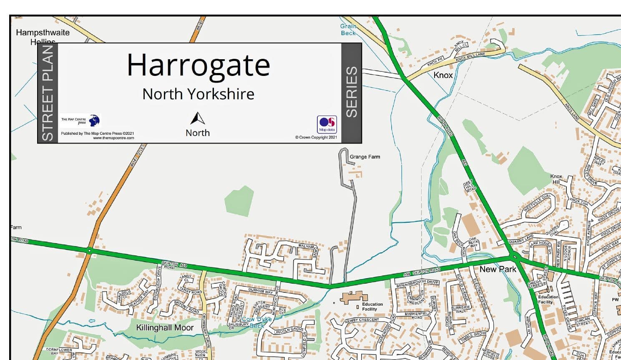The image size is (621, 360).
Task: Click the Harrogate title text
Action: [x=198, y=65]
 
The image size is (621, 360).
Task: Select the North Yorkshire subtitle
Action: [x=198, y=94]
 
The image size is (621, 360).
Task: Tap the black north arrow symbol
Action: [x=197, y=118]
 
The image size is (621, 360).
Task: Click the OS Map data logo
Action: [x=327, y=124]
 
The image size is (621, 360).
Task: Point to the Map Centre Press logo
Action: [x=81, y=121]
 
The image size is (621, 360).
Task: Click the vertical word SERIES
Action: [x=352, y=92]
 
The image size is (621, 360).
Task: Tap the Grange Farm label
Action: [x=365, y=157]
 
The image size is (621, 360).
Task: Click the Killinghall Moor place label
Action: [x=165, y=328]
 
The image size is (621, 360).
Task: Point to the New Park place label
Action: [x=498, y=269]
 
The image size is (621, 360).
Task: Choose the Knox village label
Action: [x=443, y=75]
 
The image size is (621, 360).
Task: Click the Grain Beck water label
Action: [x=348, y=30]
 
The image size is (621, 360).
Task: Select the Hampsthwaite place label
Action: [x=43, y=33]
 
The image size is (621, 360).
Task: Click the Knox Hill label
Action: [x=556, y=179]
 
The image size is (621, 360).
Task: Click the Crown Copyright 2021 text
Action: [x=316, y=137]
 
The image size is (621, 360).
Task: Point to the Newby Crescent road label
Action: [x=362, y=320]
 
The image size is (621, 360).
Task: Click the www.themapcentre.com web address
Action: [x=113, y=138]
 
